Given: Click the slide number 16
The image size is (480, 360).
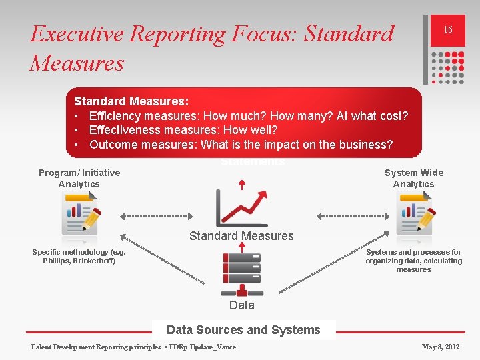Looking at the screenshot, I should tap(448, 30).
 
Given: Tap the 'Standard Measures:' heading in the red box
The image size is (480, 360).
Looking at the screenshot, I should tap(131, 101).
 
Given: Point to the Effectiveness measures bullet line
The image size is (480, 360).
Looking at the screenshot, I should tap(183, 130).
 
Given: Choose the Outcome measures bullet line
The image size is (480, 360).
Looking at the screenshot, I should tap(241, 145).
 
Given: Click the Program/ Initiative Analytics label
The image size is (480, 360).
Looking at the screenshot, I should tap(79, 178).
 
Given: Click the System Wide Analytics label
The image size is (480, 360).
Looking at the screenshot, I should tap(413, 178).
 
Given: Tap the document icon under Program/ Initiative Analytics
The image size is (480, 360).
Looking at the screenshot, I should tap(80, 215).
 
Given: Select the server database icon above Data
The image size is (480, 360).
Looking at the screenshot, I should tap(241, 274).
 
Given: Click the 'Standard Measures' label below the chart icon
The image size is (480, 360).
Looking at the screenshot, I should tap(241, 236).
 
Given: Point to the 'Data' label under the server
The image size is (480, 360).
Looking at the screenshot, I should tap(241, 305).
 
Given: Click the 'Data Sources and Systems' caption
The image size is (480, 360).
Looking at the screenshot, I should tap(243, 330).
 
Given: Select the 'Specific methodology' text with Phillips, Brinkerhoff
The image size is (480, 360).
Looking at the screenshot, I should tap(79, 256).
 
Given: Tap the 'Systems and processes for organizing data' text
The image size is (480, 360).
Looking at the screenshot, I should tap(413, 261).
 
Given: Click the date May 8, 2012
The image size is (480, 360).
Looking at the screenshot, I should tap(441, 347).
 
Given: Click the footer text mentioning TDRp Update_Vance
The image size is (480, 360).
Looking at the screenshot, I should tap(133, 347).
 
